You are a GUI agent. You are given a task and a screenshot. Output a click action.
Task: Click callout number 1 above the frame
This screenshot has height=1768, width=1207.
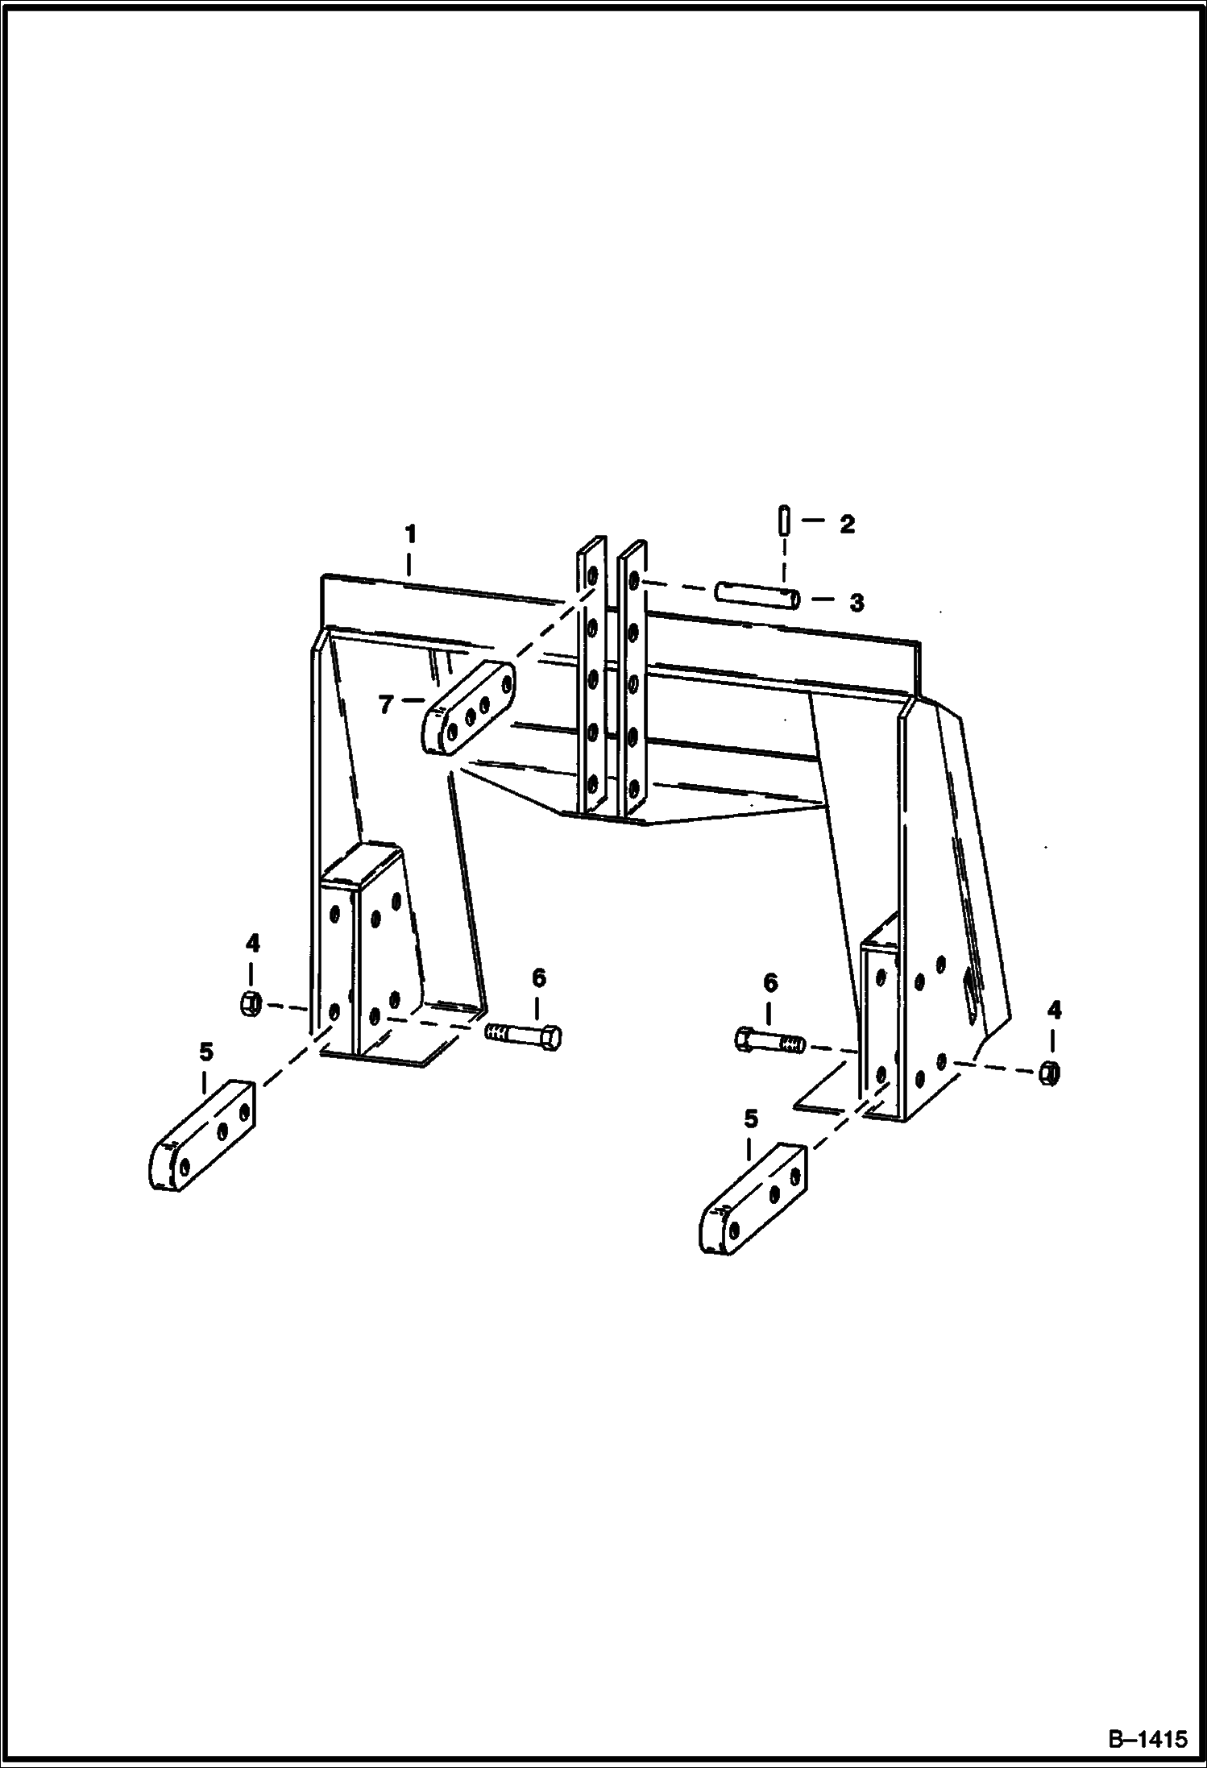411,534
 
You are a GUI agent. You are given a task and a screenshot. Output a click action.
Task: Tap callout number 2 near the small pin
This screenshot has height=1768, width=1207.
846,525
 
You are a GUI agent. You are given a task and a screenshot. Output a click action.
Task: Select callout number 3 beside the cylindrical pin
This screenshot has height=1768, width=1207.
857,602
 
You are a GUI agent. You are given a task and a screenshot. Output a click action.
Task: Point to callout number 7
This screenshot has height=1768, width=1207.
386,705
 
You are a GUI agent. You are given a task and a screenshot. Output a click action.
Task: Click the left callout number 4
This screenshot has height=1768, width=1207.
252,943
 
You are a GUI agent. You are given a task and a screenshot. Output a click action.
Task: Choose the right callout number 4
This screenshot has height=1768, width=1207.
1054,1011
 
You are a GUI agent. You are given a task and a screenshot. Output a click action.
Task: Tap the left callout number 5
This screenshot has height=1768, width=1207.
206,1052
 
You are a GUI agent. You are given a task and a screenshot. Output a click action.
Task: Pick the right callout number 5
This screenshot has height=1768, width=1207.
751,1118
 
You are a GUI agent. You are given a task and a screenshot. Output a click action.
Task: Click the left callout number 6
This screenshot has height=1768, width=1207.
538,978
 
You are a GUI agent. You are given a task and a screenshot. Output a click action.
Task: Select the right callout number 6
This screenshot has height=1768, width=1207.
770,983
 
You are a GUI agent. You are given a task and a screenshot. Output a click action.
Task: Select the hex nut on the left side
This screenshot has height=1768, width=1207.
250,1004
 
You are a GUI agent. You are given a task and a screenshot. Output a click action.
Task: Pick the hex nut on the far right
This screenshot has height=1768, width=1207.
1049,1072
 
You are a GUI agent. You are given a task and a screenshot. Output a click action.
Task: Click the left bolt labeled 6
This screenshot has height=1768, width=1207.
524,1035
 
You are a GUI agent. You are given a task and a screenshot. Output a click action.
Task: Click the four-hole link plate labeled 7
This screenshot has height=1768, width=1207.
468,708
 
